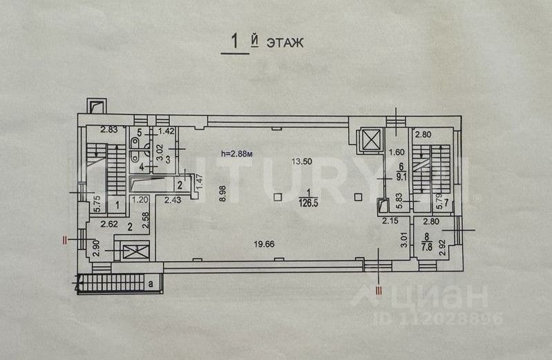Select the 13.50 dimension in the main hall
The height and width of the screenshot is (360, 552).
[303, 161]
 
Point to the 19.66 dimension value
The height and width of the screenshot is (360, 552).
[261, 243]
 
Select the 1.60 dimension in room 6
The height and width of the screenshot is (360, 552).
[396, 153]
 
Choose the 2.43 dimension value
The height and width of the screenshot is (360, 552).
[173, 200]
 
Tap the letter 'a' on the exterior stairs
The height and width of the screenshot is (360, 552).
[150, 283]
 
